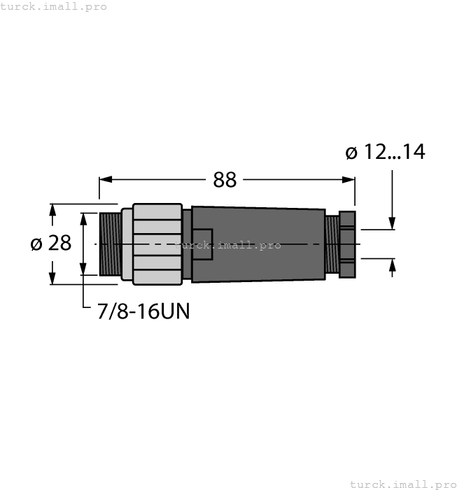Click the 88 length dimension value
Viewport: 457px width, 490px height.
click(225, 180)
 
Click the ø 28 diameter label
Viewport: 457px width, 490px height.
click(50, 244)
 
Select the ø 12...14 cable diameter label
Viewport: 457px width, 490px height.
click(385, 152)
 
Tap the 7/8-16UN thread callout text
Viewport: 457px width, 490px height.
click(143, 310)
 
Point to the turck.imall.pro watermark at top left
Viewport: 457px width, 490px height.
click(54, 6)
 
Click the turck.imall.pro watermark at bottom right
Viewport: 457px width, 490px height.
click(402, 484)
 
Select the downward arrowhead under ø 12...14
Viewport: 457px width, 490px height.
click(393, 222)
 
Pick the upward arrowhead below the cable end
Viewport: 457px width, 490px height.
click(393, 265)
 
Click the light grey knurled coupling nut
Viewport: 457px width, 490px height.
click(157, 244)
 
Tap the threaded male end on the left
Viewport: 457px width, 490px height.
click(110, 244)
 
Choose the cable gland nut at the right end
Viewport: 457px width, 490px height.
click(347, 244)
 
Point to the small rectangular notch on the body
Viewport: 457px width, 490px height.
click(202, 244)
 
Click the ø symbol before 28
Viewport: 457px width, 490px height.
click(36, 244)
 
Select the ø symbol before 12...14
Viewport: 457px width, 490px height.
click(352, 152)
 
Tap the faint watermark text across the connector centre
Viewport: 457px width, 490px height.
click(228, 245)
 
